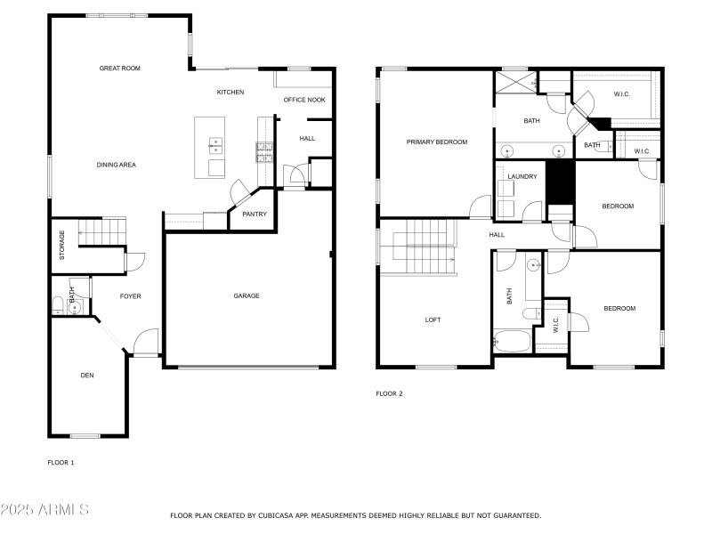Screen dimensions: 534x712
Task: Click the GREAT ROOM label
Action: [119, 69]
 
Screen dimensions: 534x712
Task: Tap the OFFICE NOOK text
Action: [304, 100]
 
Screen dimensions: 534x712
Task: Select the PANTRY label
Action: [255, 214]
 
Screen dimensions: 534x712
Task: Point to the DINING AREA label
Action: [116, 165]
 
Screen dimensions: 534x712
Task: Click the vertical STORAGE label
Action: [61, 245]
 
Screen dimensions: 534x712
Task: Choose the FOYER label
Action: [130, 296]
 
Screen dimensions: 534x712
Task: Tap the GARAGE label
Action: [247, 296]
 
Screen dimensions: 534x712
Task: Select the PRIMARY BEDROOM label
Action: [436, 142]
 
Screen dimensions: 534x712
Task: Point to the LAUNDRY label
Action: [522, 176]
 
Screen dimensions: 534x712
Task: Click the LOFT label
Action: [433, 320]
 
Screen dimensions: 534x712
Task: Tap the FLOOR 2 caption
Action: [389, 393]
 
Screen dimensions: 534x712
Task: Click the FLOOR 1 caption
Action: [61, 463]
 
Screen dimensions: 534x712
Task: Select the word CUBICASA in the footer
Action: [274, 515]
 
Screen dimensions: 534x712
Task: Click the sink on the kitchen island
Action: [215, 142]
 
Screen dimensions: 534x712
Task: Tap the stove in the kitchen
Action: [264, 153]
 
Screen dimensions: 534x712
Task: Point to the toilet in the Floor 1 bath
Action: [59, 306]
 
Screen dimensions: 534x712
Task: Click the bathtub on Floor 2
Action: [512, 341]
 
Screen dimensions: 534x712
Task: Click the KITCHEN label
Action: [231, 93]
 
